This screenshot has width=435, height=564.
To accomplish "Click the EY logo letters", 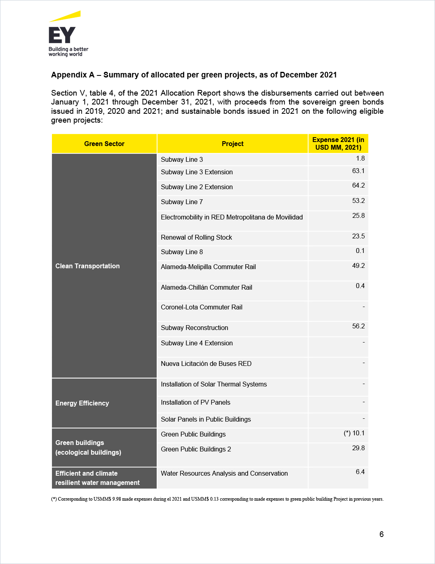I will pyautogui.click(x=62, y=35).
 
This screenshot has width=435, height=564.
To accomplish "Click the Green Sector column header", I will pyautogui.click(x=104, y=144).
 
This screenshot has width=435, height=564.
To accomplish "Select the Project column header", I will pyautogui.click(x=232, y=144).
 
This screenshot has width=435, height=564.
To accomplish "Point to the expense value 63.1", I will pyautogui.click(x=358, y=171).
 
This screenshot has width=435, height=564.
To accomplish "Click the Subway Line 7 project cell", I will pyautogui.click(x=182, y=202).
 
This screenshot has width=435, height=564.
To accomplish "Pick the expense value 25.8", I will pyautogui.click(x=358, y=216).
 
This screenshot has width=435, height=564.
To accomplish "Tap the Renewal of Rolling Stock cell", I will pyautogui.click(x=196, y=237).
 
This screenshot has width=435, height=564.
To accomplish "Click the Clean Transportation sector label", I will pyautogui.click(x=87, y=266).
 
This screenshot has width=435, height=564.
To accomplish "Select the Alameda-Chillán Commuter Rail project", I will pyautogui.click(x=206, y=287).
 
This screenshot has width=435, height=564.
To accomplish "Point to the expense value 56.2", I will pyautogui.click(x=358, y=326).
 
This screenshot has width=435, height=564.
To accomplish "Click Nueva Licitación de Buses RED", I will pyautogui.click(x=206, y=363).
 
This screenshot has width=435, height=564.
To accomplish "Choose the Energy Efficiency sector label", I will pyautogui.click(x=82, y=403).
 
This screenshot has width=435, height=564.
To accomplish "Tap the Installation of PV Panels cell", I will pyautogui.click(x=195, y=402).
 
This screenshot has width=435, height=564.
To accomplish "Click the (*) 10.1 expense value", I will pyautogui.click(x=354, y=433).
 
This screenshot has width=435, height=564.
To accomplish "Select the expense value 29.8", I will pyautogui.click(x=358, y=448).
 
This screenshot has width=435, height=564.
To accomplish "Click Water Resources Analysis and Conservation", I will pyautogui.click(x=224, y=473).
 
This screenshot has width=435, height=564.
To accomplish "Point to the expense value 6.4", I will pyautogui.click(x=360, y=472).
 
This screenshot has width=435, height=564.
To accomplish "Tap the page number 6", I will pyautogui.click(x=381, y=534).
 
